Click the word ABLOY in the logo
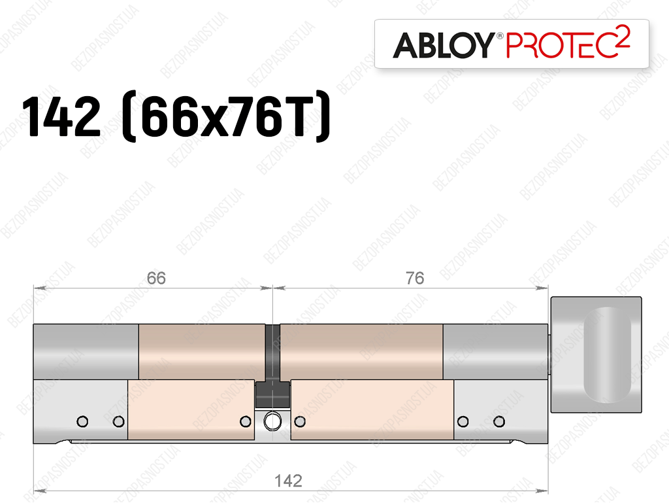click(444, 45)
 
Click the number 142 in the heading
click(61, 116)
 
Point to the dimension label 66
click(156, 279)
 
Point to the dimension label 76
click(415, 279)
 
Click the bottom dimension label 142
click(288, 481)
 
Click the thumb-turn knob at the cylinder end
click(596, 355)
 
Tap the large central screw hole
click(272, 422)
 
